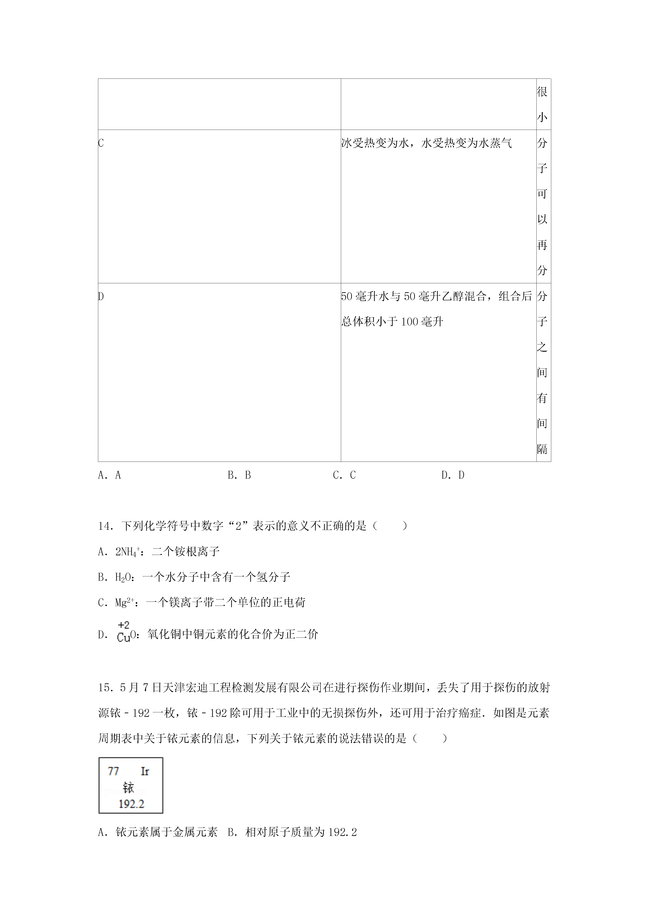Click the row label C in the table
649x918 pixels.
pos(101,143)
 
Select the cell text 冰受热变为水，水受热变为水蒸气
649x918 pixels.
pos(426,143)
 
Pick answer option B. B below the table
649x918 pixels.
pos(239,475)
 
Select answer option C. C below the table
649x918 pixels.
pos(344,475)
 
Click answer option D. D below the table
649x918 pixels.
pos(453,475)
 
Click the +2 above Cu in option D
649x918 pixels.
pos(124,625)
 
